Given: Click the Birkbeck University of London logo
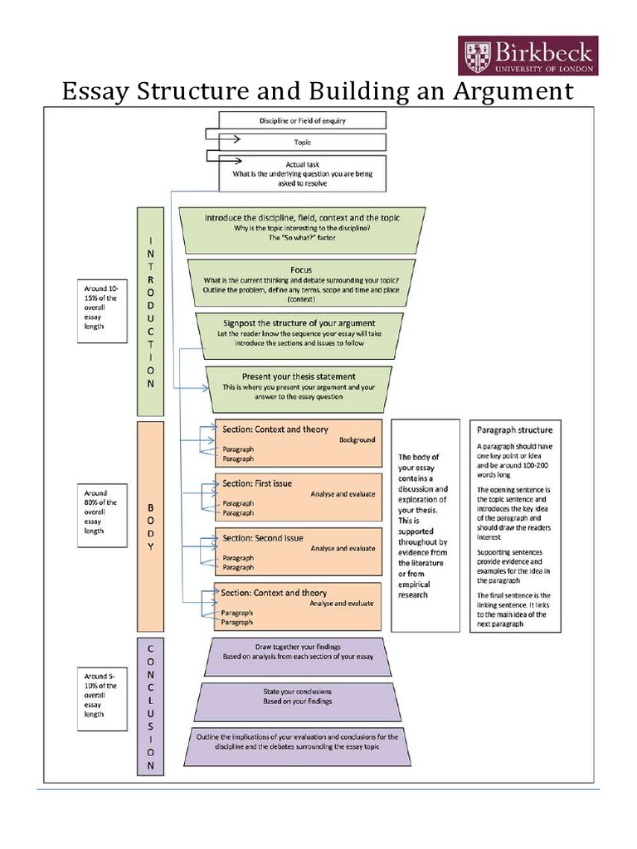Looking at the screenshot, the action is (x=528, y=56).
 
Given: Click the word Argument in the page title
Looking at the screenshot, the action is (x=513, y=91).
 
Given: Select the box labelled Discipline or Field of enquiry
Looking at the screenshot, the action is (x=302, y=120).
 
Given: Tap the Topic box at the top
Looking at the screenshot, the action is (x=302, y=143).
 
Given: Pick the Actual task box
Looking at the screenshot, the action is (x=302, y=173).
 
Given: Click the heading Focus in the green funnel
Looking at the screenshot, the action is (x=301, y=269).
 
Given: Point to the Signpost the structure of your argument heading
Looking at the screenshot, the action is (x=299, y=323).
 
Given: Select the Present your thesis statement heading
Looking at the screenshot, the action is (x=299, y=376).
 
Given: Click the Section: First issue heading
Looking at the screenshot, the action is (x=257, y=483).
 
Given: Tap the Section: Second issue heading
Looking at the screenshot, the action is (x=263, y=538).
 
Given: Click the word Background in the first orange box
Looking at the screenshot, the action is (x=357, y=439).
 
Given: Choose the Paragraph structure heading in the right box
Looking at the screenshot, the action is (x=514, y=430).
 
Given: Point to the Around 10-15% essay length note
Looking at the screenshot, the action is (x=102, y=312).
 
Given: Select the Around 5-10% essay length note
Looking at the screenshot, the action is (x=102, y=699).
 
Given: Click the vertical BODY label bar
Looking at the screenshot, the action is (x=151, y=526).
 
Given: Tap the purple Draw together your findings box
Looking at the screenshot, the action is (x=298, y=657).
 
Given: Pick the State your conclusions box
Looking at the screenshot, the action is (x=298, y=701).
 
